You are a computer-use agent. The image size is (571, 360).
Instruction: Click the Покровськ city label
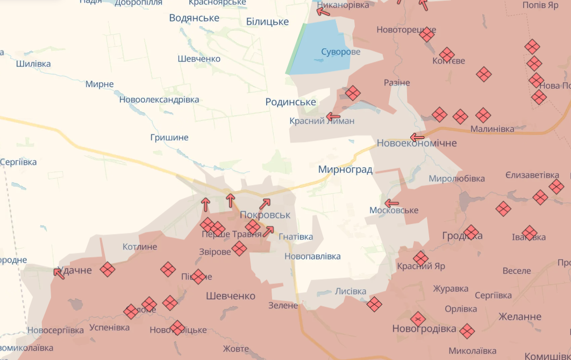click(x=265, y=215)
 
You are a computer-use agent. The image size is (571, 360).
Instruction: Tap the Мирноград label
click(x=345, y=170)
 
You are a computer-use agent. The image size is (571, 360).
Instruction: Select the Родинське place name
click(x=290, y=102)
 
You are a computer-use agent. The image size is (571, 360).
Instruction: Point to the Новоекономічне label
click(x=417, y=143)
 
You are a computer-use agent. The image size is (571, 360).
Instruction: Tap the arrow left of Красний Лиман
click(x=333, y=116)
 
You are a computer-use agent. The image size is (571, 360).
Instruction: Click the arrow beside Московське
click(x=391, y=203)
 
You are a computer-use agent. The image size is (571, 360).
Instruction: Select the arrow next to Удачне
click(x=59, y=273)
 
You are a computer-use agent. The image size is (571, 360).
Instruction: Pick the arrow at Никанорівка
click(x=323, y=10)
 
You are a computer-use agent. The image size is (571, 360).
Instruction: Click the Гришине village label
click(x=169, y=138)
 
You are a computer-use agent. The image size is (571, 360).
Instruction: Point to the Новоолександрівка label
click(x=159, y=100)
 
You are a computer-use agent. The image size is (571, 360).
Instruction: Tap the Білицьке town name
click(x=267, y=22)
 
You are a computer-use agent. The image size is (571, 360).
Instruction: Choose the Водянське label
click(x=194, y=18)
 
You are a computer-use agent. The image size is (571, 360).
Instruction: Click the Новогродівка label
click(x=424, y=328)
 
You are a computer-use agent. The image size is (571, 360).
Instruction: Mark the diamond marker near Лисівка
click(x=374, y=305)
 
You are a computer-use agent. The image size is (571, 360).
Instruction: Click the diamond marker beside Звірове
click(x=239, y=249)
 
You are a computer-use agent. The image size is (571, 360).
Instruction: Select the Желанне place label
click(x=520, y=316)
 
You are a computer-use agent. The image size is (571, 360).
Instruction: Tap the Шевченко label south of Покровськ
click(x=231, y=296)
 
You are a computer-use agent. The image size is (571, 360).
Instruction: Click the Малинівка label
click(x=492, y=129)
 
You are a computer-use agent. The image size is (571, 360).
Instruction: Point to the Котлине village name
click(x=140, y=247)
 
